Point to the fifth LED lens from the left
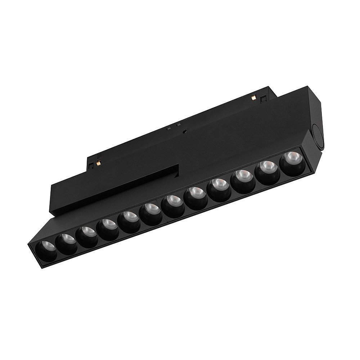coord(129,217)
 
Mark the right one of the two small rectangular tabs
coord(179,124)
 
